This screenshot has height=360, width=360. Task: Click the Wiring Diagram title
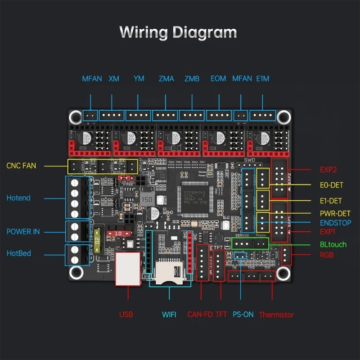[178, 32]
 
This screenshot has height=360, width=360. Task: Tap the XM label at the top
[114, 79]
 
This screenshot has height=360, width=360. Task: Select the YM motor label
[139, 79]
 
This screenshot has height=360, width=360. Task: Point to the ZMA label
[166, 79]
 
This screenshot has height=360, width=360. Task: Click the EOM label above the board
[218, 79]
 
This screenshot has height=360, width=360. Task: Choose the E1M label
[262, 79]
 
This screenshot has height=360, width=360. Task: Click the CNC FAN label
[21, 166]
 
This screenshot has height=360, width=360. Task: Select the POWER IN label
[23, 232]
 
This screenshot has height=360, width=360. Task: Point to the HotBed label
[19, 253]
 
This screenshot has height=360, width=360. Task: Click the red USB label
[126, 315]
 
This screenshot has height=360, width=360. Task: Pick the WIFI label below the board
[169, 315]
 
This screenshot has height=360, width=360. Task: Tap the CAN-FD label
[200, 315]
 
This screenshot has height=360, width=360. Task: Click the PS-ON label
[243, 315]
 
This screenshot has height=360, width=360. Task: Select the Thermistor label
[276, 315]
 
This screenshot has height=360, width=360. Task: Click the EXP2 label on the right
[328, 170]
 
